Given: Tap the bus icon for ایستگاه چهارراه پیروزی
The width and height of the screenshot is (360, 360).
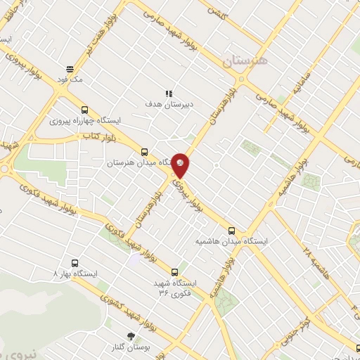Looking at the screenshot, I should [85, 110].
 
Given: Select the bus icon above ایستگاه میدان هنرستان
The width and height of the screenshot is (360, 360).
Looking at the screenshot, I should [144, 152].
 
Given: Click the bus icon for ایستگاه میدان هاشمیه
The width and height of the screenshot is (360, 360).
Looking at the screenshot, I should [231, 230].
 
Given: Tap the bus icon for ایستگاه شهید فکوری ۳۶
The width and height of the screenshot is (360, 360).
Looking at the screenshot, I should [174, 272].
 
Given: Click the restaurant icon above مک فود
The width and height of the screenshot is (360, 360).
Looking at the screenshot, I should [70, 69].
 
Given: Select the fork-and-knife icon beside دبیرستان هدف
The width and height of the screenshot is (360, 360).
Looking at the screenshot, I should [169, 93].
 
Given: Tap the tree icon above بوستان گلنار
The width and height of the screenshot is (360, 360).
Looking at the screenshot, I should [129, 337].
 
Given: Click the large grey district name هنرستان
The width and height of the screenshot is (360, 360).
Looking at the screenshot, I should [245, 61].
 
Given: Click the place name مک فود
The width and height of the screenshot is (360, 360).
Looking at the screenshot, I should [72, 80].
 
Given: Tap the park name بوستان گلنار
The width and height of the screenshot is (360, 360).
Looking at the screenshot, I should [129, 348].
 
